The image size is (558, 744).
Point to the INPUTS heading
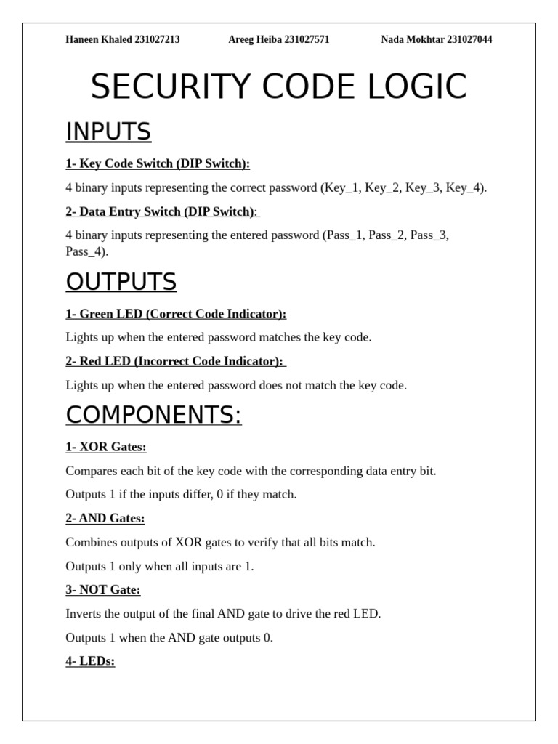108,132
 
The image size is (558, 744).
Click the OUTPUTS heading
121,281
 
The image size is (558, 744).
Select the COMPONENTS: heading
153,415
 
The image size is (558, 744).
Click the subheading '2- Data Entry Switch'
127,211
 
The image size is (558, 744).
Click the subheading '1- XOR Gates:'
106,447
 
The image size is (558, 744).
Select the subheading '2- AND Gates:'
105,518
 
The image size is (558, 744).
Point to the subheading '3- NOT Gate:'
103,589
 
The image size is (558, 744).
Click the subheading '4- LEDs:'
90,661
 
